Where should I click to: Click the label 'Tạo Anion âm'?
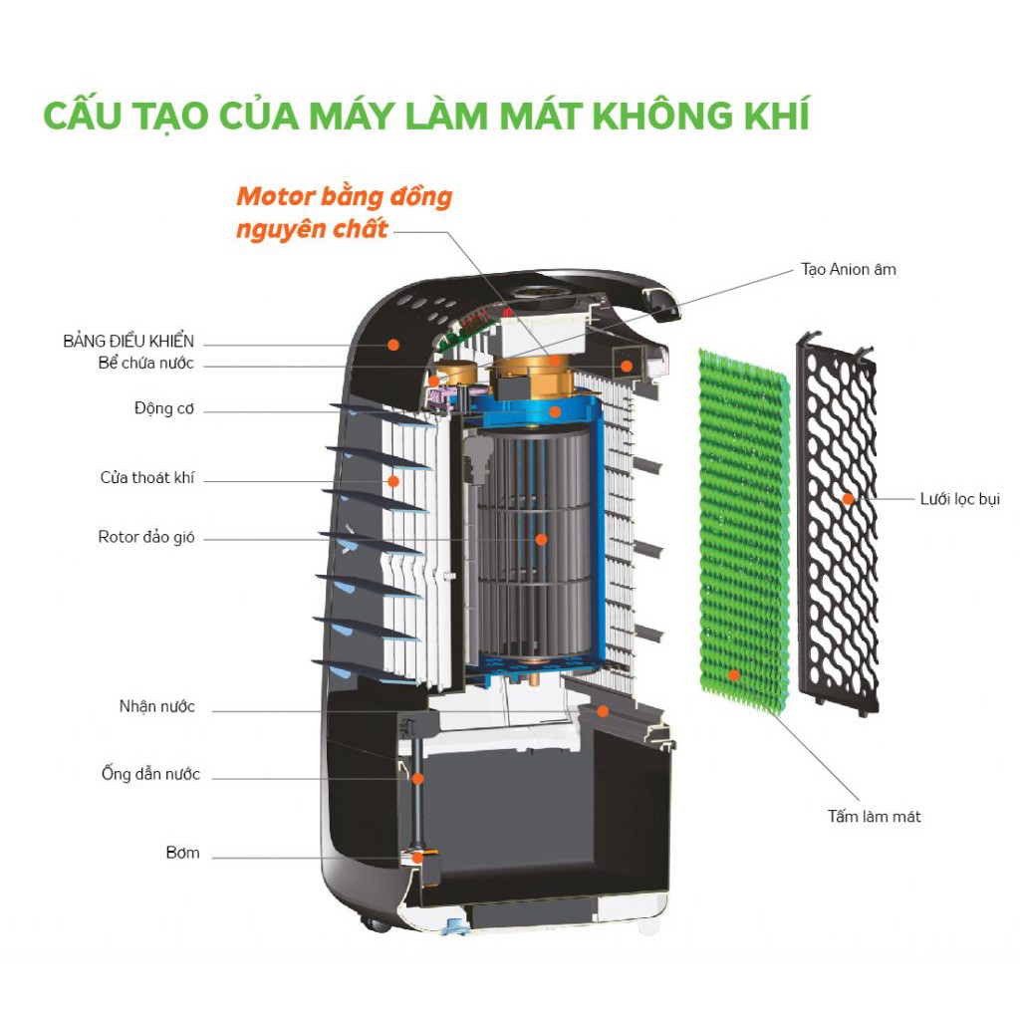click(x=848, y=269)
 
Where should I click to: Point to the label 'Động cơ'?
click(x=164, y=408)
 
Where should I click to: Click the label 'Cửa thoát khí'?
click(x=147, y=478)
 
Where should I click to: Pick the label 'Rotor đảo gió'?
click(x=146, y=537)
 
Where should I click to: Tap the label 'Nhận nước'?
click(x=157, y=707)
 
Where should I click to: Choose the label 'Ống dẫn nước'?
click(x=150, y=774)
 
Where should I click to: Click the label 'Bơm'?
click(x=182, y=853)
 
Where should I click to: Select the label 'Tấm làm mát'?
click(x=874, y=817)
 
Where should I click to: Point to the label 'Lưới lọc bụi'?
click(x=959, y=498)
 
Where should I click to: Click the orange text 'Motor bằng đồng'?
click(x=344, y=195)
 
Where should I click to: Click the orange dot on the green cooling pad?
click(x=734, y=674)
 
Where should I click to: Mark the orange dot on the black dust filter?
click(x=848, y=498)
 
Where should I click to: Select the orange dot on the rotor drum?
click(x=541, y=539)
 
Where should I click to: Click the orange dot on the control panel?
click(x=393, y=344)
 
